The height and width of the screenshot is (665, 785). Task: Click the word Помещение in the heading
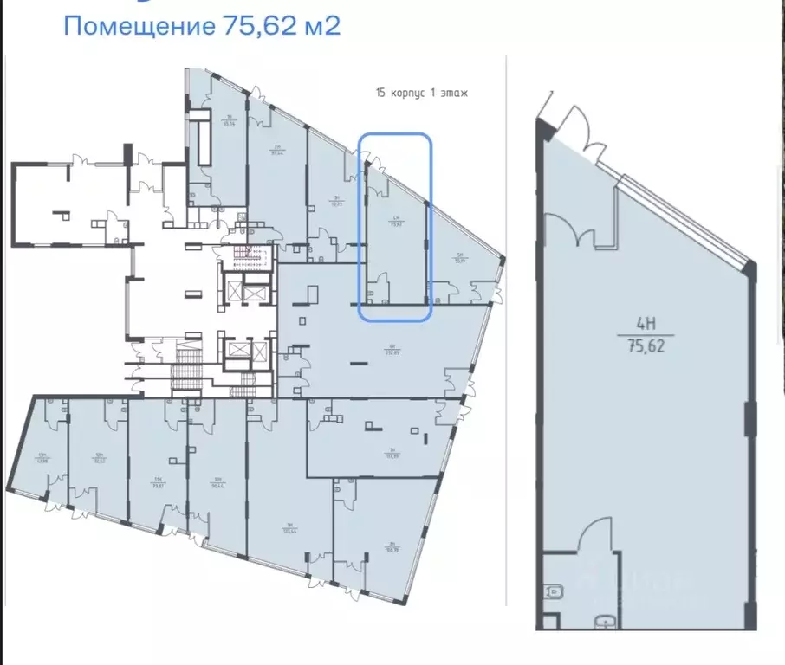click(135, 26)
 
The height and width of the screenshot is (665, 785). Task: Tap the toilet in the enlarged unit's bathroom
click(553, 592)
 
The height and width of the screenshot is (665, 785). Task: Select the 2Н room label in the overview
click(278, 151)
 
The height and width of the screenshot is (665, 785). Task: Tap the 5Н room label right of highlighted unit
click(459, 256)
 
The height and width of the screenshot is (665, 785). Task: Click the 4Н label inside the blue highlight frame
click(395, 219)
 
